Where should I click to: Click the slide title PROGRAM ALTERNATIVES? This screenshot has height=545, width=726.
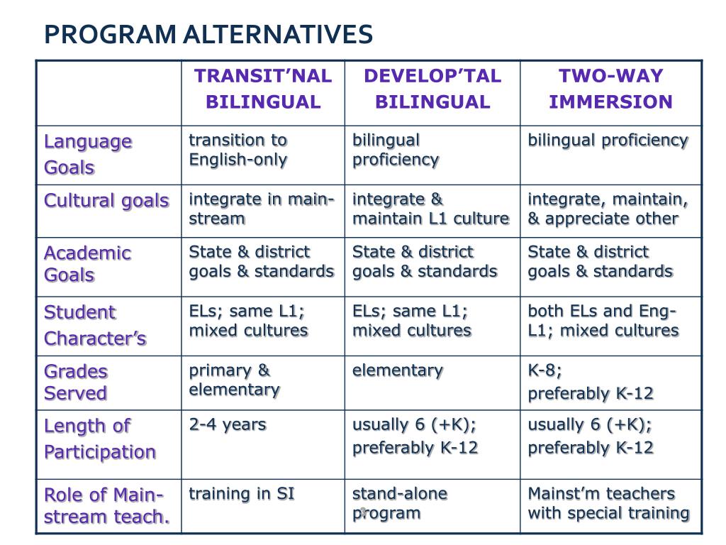point(208,35)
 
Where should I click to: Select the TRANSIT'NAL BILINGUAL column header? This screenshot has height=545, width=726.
point(263,89)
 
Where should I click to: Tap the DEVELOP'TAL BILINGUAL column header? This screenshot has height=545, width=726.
point(432,89)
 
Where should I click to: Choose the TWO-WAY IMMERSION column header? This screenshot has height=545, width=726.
point(610,89)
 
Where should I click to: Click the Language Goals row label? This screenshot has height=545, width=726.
point(88,154)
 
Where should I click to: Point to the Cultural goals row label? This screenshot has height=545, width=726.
point(106,201)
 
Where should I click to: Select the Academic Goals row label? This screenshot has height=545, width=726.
point(87,264)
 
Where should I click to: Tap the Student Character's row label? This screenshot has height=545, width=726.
point(95,325)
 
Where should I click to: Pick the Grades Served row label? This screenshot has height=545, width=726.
point(76,382)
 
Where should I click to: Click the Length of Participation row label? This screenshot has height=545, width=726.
point(99,439)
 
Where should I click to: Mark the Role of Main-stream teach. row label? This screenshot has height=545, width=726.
point(106,505)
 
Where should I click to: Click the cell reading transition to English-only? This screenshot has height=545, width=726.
point(238,150)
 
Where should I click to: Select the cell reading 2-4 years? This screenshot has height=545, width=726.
point(228,425)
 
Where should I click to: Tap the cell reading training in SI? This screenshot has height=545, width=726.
point(242,494)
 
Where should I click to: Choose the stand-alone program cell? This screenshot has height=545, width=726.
point(400,503)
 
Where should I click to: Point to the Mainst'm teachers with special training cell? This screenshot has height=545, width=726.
point(608,503)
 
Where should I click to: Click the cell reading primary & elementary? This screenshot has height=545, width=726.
point(234,380)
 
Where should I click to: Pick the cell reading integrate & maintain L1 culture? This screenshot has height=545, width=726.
point(430,209)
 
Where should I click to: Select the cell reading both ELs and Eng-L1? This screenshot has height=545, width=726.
point(603,321)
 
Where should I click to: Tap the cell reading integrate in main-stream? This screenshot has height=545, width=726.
point(261,209)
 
